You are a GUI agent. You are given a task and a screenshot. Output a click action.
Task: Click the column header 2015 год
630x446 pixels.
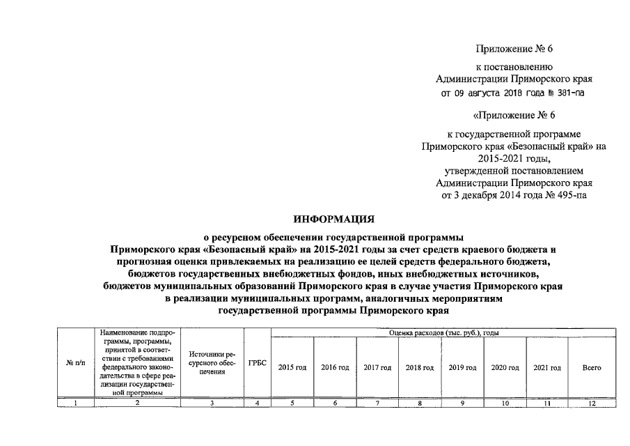tap(292, 367)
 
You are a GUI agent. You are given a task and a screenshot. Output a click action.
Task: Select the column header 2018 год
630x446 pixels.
tap(420, 367)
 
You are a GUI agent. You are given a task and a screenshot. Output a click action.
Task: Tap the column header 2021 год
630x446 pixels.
tap(546, 367)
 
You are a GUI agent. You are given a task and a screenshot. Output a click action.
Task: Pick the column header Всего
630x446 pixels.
tap(591, 367)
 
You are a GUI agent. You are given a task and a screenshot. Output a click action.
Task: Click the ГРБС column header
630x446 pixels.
tap(258, 363)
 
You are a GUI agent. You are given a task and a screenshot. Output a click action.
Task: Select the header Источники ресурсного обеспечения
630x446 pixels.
tap(212, 363)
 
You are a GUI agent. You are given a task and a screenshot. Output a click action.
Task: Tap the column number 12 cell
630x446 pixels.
tap(591, 403)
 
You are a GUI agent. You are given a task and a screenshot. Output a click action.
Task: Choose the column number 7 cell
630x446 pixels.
tap(377, 403)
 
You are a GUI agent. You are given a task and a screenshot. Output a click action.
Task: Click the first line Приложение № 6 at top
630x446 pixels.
tap(513, 49)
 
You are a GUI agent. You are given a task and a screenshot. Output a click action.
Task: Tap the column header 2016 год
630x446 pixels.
tap(335, 367)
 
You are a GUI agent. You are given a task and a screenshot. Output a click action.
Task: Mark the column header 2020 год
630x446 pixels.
tap(505, 367)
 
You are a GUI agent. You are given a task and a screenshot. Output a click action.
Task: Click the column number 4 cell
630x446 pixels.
tap(258, 403)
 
